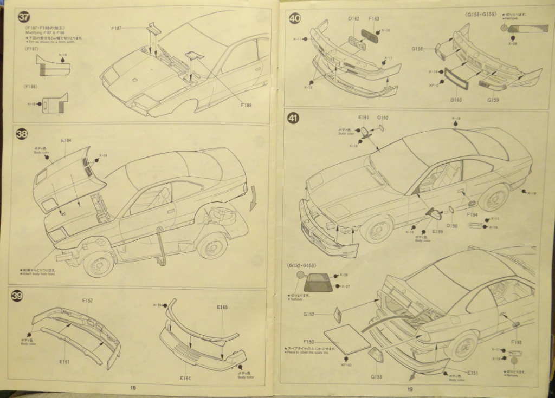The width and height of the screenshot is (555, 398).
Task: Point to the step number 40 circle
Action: point(295,18)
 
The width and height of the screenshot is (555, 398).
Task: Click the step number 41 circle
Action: point(293,119)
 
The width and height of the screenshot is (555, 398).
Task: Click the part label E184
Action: point(66,141)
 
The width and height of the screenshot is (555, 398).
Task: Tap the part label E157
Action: point(88,301)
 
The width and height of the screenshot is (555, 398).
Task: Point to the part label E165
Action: point(222,308)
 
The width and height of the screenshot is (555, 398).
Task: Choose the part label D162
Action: point(353,19)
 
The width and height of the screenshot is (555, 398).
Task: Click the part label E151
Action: point(458,373)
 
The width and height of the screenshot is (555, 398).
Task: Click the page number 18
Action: point(133,388)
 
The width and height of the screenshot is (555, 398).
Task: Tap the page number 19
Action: point(410,389)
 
